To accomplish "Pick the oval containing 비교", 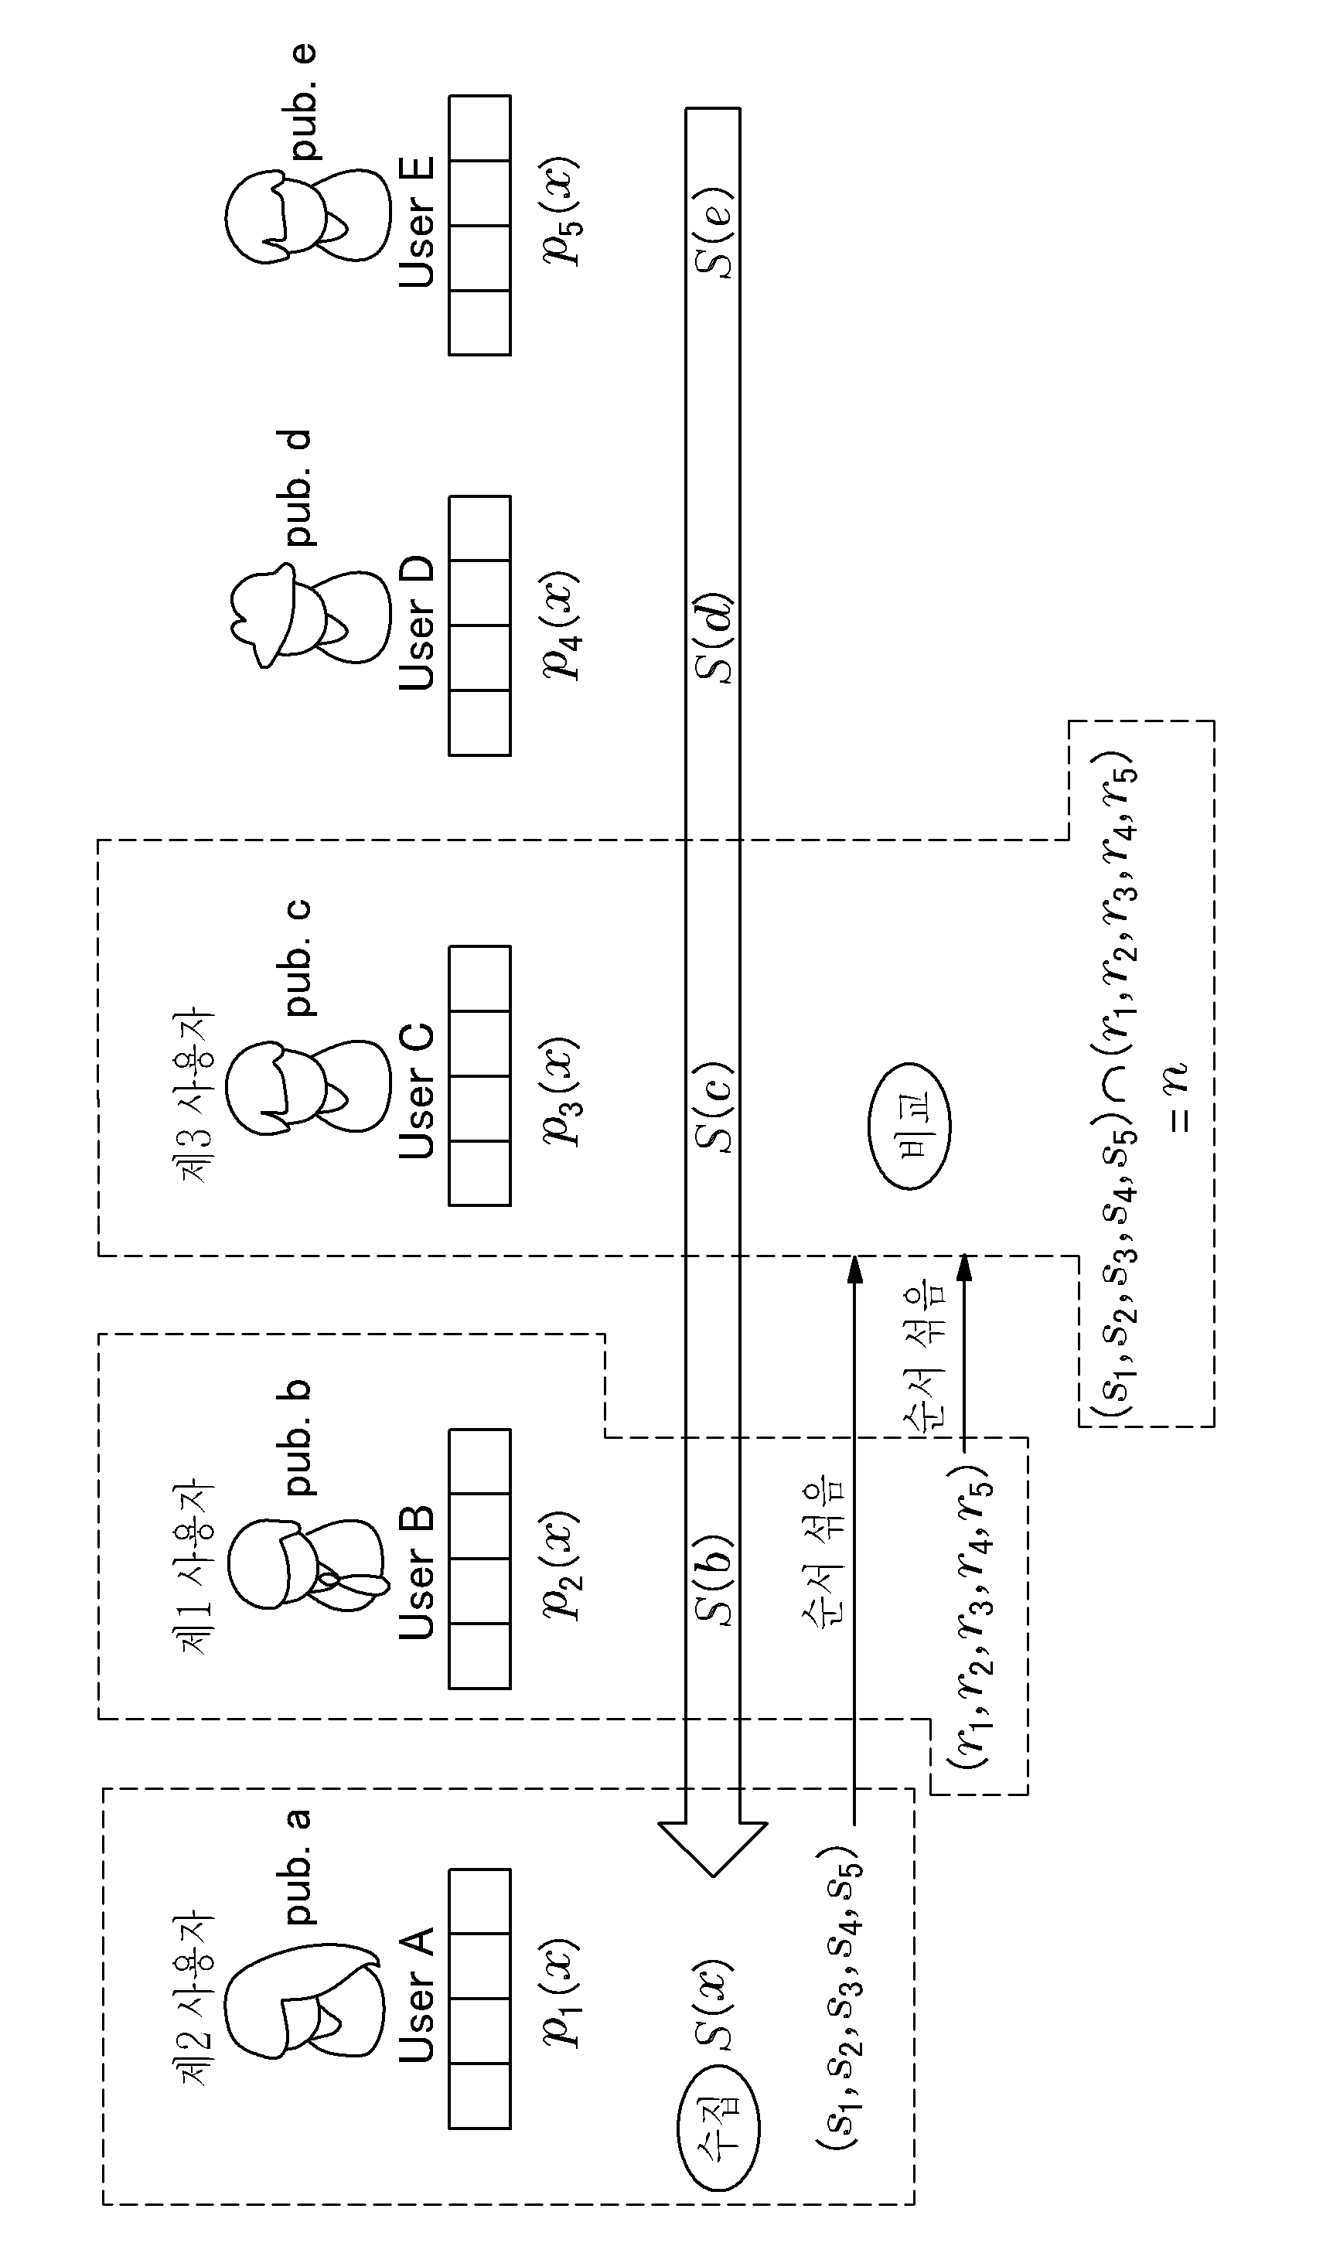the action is tap(909, 1126).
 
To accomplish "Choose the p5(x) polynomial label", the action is tap(561, 211).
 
